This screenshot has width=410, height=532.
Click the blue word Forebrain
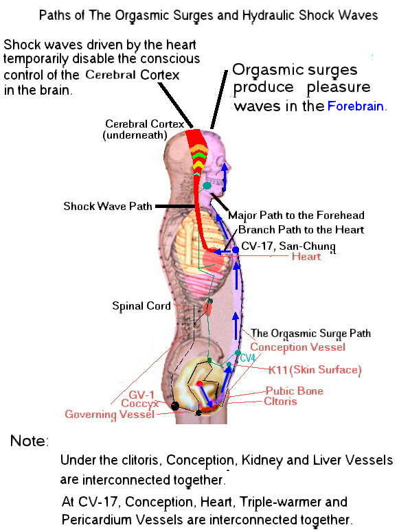coord(356,106)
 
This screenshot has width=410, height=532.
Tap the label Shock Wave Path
coord(108,206)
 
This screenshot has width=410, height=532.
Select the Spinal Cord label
coord(141,306)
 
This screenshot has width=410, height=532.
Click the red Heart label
coord(306,256)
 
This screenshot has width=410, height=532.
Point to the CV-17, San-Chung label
coord(288,246)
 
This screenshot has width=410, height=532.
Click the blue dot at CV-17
coord(235,250)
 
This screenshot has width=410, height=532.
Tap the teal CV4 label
coord(247,358)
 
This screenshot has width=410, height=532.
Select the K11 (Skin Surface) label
coord(315,369)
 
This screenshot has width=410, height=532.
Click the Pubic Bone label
coord(294,391)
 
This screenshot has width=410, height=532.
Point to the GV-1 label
coord(141,395)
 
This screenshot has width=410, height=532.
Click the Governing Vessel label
coord(110,414)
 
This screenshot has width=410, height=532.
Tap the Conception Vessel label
coord(297,347)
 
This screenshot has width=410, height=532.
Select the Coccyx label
coord(139,404)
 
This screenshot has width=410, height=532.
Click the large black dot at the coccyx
coord(175,406)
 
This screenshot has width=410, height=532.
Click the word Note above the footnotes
coord(30,441)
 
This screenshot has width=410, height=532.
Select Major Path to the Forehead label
coord(296,215)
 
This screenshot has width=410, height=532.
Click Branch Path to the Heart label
coord(301,230)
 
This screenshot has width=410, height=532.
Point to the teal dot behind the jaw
coord(207,185)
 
